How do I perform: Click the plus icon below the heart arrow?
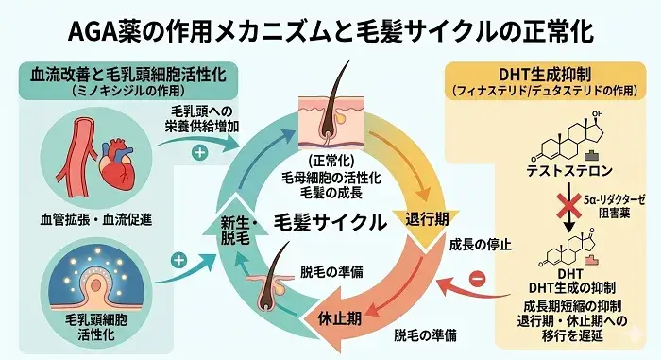coord(199,151)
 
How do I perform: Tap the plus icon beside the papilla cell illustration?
coord(178,257)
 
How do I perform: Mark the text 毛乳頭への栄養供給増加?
coord(195,118)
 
